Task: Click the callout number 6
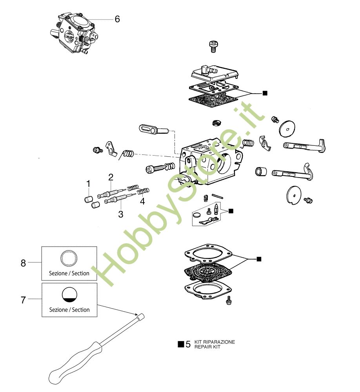click(x=117, y=19)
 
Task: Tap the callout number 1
click(x=88, y=184)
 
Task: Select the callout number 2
click(x=111, y=177)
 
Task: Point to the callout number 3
click(x=121, y=214)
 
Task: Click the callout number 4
click(x=142, y=201)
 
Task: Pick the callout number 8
click(x=23, y=263)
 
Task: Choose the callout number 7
click(x=23, y=300)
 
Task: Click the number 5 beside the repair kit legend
click(x=188, y=344)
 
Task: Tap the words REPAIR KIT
click(x=207, y=347)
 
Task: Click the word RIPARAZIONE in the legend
click(x=219, y=342)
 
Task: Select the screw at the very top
click(x=213, y=47)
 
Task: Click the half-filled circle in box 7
click(x=69, y=295)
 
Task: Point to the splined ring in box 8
click(x=69, y=258)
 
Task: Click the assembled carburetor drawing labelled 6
click(x=74, y=33)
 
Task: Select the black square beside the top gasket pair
click(x=265, y=93)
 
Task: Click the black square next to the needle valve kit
click(x=231, y=211)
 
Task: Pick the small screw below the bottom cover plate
click(x=228, y=300)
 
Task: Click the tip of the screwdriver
click(x=142, y=316)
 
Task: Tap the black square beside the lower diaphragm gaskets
click(x=259, y=259)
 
